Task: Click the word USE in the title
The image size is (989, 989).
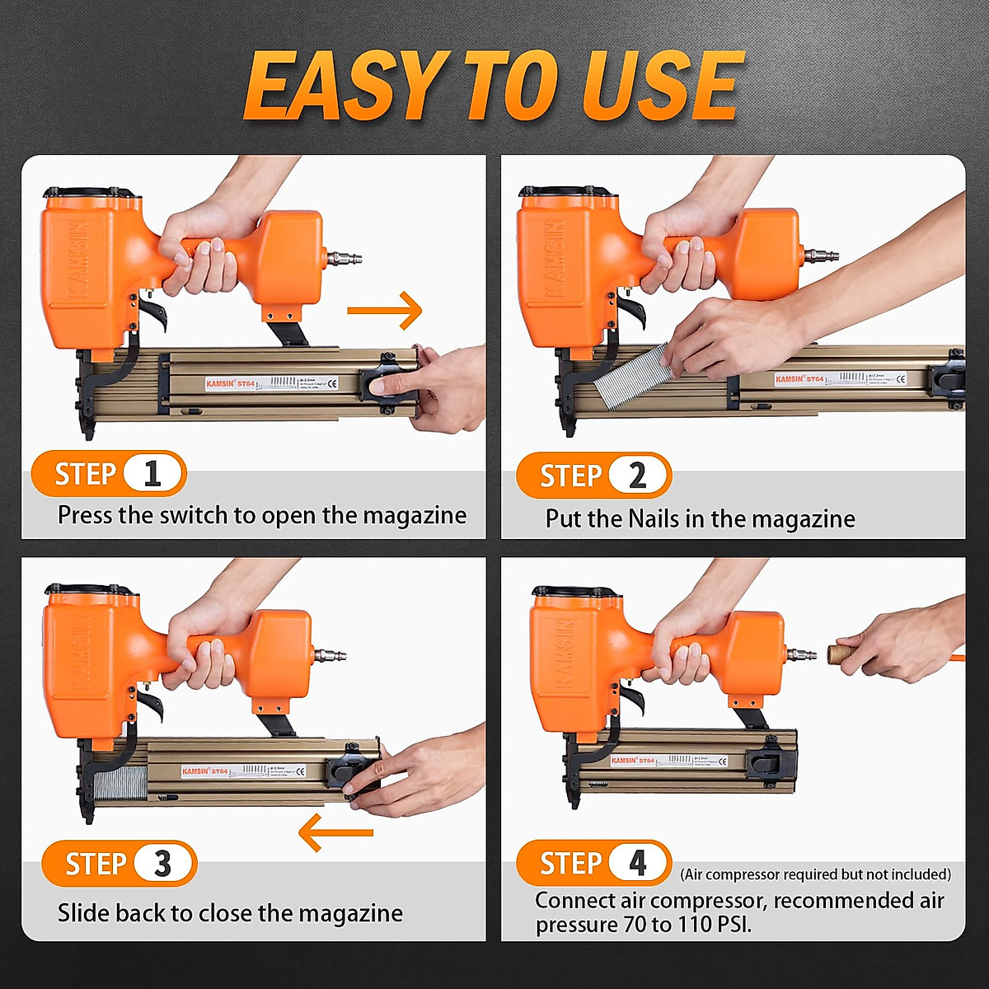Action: [659, 86]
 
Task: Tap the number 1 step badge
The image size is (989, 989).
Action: [152, 475]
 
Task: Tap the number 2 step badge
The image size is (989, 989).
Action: [637, 476]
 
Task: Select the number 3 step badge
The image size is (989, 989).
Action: [162, 864]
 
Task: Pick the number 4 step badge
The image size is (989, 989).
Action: [638, 863]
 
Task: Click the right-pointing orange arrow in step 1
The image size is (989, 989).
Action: [384, 311]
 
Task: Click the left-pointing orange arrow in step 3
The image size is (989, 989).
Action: [335, 832]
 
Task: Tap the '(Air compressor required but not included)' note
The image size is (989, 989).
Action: [815, 874]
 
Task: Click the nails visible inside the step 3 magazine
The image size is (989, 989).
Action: [120, 787]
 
